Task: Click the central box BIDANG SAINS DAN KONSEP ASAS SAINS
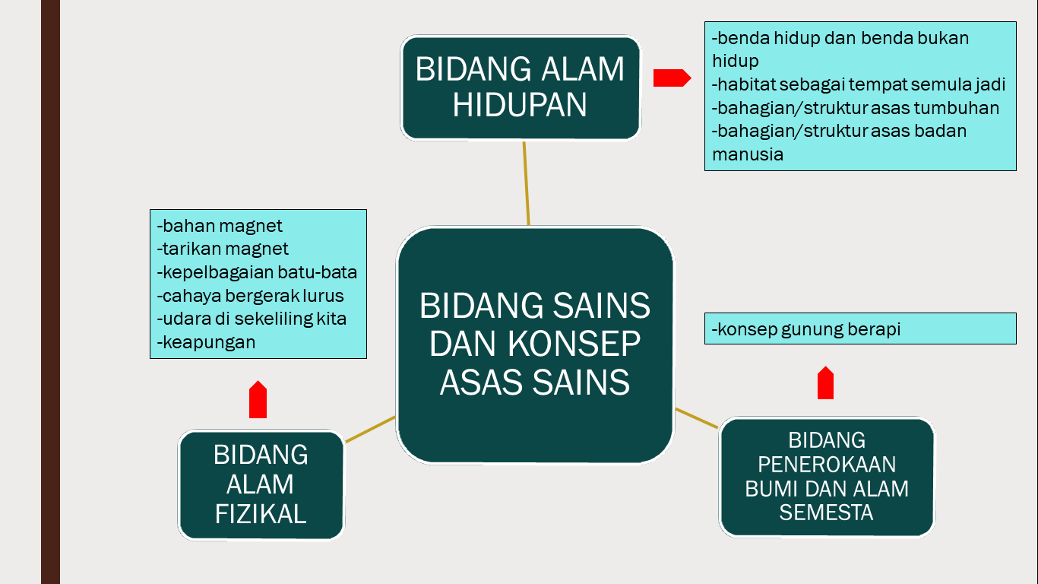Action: tap(535, 344)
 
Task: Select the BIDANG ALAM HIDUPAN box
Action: tap(521, 87)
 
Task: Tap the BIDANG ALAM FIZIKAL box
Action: tap(261, 484)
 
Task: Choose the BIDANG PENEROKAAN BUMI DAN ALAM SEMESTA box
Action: tap(826, 477)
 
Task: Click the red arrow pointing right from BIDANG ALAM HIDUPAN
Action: tap(672, 78)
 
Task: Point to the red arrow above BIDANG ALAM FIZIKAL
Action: tap(258, 401)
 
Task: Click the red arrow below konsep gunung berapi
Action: tap(826, 383)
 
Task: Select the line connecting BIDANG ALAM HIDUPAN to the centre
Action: tap(526, 183)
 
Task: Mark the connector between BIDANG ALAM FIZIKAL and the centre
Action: tap(370, 429)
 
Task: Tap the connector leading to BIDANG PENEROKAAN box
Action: tap(697, 418)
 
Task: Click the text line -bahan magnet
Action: tap(220, 226)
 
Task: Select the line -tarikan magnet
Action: tap(223, 249)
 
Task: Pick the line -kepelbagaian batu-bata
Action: tap(257, 272)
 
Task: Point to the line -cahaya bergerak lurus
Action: tap(250, 296)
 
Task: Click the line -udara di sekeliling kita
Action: tap(252, 319)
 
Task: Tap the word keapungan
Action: tap(209, 342)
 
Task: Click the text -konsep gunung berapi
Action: tap(806, 329)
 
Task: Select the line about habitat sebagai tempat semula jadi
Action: tap(859, 84)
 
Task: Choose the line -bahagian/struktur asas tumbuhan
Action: tap(856, 108)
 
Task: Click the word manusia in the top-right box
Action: tap(748, 154)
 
